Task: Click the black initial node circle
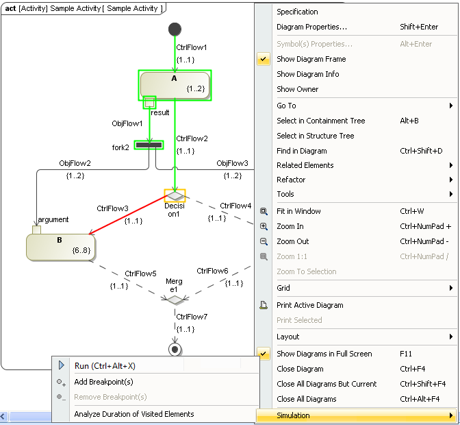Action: (x=175, y=29)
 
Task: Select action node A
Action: (x=175, y=85)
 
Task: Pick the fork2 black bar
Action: (x=149, y=145)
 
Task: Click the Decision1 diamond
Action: (x=175, y=195)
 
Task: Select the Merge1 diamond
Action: (x=175, y=300)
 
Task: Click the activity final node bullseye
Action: (x=175, y=349)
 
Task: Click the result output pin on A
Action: (x=149, y=102)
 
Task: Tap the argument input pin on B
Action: (x=36, y=230)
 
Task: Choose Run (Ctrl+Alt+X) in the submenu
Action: (x=105, y=366)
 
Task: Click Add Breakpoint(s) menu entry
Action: (x=103, y=382)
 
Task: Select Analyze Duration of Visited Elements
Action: (x=133, y=414)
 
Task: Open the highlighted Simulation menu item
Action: (x=356, y=415)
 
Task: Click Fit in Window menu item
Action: (x=298, y=211)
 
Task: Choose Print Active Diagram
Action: (x=309, y=305)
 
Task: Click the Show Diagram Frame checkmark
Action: (x=264, y=60)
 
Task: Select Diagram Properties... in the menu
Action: (x=311, y=27)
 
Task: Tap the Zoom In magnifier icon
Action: (x=264, y=226)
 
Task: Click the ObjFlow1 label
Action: (x=127, y=124)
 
